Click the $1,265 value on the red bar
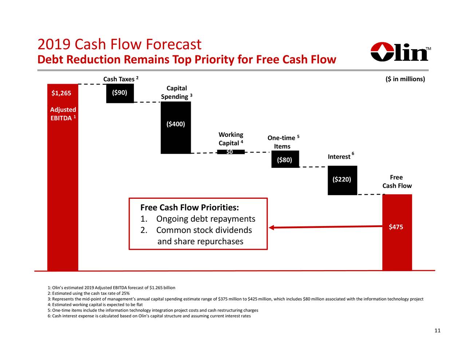coord(61,93)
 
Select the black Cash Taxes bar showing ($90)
coord(120,93)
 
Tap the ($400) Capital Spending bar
coord(175,127)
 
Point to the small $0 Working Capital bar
coord(230,152)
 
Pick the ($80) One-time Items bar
coord(285,159)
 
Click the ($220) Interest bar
coord(342,180)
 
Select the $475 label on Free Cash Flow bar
coord(396,227)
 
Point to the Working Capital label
coord(231,139)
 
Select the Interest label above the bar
coord(339,157)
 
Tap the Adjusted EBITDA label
coord(63,114)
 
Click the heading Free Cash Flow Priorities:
coord(189,208)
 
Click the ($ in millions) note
coord(405,79)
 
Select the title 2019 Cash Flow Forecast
coord(119,45)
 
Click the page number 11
coord(437,331)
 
